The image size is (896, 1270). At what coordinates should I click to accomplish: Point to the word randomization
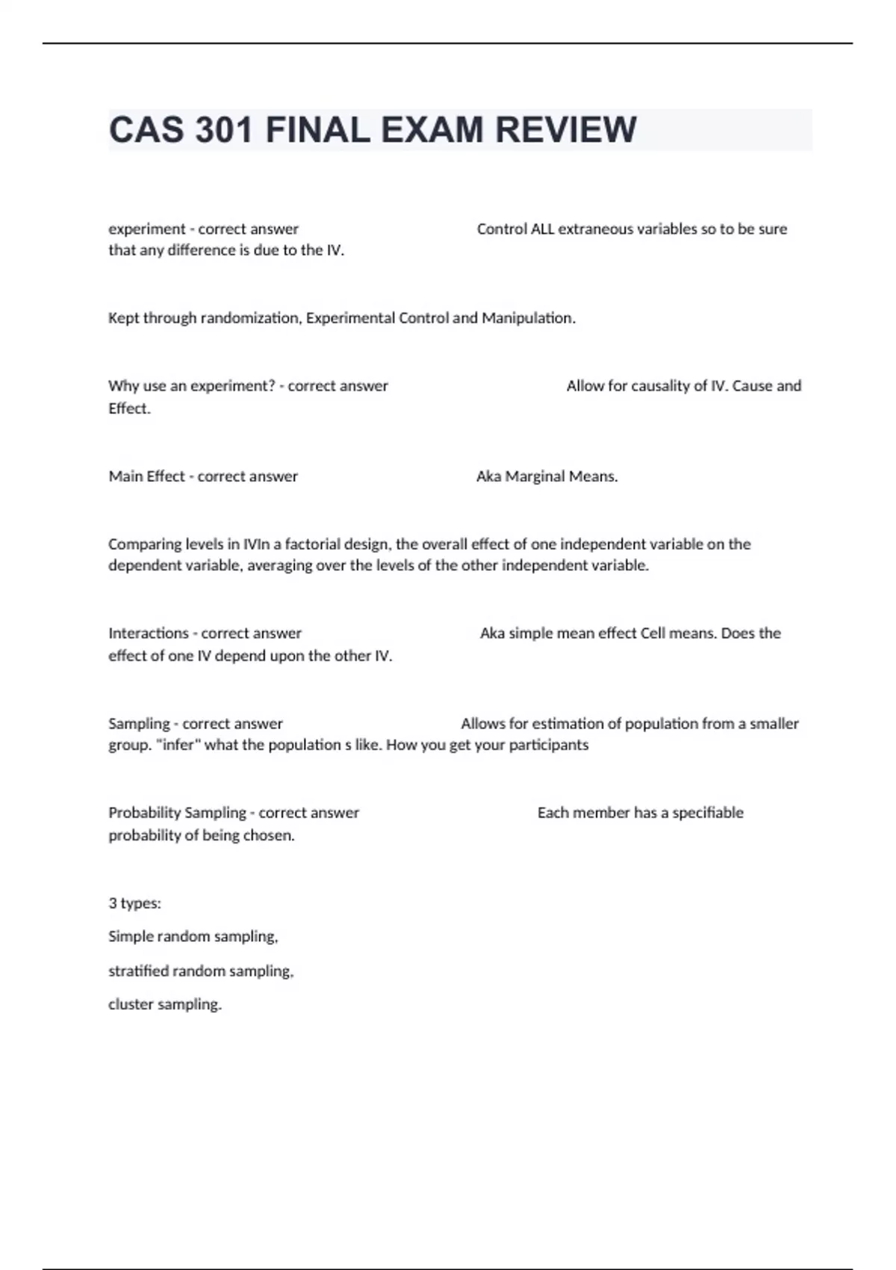(250, 317)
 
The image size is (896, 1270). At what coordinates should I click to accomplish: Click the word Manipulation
(529, 317)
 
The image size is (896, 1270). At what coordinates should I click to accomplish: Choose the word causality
(670, 385)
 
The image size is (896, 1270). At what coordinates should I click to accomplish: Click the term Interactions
(149, 633)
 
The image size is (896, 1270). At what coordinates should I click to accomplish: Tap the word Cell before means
(653, 633)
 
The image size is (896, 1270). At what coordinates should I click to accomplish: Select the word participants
(549, 744)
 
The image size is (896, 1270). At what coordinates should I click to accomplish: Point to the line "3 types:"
(134, 903)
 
